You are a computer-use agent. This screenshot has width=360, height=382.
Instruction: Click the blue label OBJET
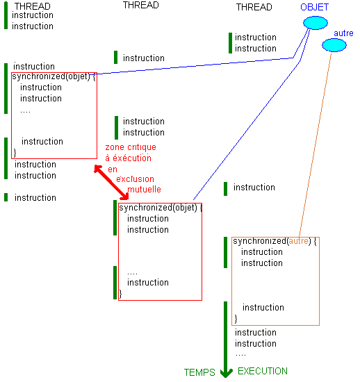(x=314, y=7)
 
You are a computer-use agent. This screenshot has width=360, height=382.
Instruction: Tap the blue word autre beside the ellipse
(x=343, y=33)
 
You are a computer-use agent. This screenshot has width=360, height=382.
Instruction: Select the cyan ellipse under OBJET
(x=316, y=23)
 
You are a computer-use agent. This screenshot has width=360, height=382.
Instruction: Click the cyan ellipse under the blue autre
(x=334, y=45)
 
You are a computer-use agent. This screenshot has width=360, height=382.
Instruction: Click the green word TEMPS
(x=199, y=372)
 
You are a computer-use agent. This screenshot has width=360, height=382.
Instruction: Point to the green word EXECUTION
(x=263, y=371)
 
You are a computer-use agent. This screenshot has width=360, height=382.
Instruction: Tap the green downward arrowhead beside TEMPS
(x=226, y=373)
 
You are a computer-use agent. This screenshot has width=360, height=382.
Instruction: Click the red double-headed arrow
(x=111, y=183)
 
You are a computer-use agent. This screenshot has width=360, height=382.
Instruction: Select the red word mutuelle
(x=144, y=190)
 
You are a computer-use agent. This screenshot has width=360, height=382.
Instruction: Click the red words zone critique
(x=131, y=147)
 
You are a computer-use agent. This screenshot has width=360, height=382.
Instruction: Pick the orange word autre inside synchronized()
(x=298, y=241)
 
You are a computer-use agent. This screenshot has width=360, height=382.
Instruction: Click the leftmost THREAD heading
(x=32, y=6)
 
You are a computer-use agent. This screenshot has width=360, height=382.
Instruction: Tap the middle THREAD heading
(x=141, y=5)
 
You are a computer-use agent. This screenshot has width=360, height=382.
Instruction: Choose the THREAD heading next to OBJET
(x=254, y=7)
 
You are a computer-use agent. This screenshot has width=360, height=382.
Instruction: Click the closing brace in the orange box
(x=236, y=319)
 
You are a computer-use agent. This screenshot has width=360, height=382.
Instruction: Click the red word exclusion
(x=135, y=179)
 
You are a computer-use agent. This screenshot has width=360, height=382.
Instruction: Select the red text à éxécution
(x=128, y=158)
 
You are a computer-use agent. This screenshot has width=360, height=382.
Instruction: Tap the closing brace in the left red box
(x=15, y=153)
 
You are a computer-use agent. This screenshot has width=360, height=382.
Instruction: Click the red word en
(x=113, y=169)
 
